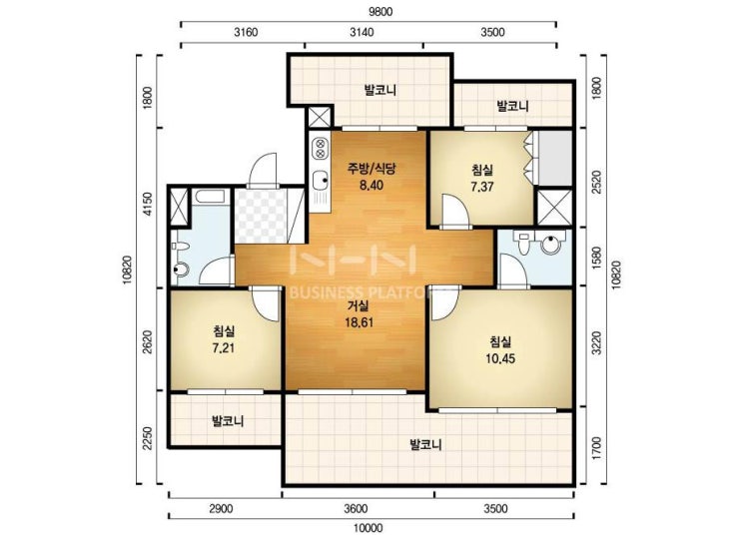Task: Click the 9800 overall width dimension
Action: click(380, 12)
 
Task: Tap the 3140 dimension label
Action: click(362, 32)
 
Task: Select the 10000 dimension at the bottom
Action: click(369, 528)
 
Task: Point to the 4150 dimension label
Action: click(148, 205)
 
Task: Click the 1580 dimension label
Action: click(596, 258)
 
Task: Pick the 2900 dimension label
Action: click(221, 509)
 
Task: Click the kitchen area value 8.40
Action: click(371, 186)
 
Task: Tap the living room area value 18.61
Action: click(360, 322)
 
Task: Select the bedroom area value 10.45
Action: click(500, 359)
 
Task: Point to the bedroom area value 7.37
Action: click(482, 187)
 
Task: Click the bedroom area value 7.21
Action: click(224, 348)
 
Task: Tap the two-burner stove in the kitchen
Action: click(321, 148)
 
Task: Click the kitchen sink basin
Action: click(321, 180)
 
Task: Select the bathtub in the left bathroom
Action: click(209, 197)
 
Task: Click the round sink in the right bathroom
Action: click(551, 245)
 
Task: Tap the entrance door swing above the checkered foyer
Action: click(263, 171)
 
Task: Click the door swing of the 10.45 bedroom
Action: click(444, 302)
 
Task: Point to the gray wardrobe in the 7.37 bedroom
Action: click(555, 158)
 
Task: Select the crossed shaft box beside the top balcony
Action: click(319, 118)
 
